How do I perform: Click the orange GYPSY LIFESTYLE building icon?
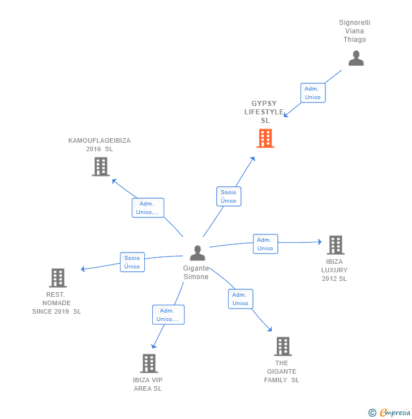click(x=265, y=138)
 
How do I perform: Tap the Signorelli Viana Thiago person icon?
click(x=356, y=58)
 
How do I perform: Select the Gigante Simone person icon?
click(x=198, y=253)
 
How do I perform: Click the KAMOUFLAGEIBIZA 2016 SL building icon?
click(x=101, y=166)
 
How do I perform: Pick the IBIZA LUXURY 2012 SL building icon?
click(x=336, y=245)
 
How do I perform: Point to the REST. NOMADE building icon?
click(x=58, y=277)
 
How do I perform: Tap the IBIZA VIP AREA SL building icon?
click(x=149, y=363)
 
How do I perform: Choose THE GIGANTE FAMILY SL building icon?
click(x=283, y=347)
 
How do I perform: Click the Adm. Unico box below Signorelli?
click(x=313, y=93)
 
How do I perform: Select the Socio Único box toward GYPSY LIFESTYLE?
click(x=229, y=196)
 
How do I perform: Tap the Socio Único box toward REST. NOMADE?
click(x=132, y=262)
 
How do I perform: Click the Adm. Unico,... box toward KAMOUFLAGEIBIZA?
click(x=148, y=208)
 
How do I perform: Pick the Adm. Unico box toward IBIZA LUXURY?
click(x=265, y=244)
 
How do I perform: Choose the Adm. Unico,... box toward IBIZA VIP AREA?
click(x=168, y=315)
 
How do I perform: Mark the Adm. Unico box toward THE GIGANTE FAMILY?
click(x=241, y=299)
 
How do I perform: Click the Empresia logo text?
click(x=395, y=413)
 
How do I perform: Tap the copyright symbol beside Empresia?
click(x=372, y=413)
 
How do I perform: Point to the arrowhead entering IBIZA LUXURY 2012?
click(x=320, y=242)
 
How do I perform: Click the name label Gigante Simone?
click(x=196, y=272)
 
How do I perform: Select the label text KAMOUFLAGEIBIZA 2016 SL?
click(x=100, y=144)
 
